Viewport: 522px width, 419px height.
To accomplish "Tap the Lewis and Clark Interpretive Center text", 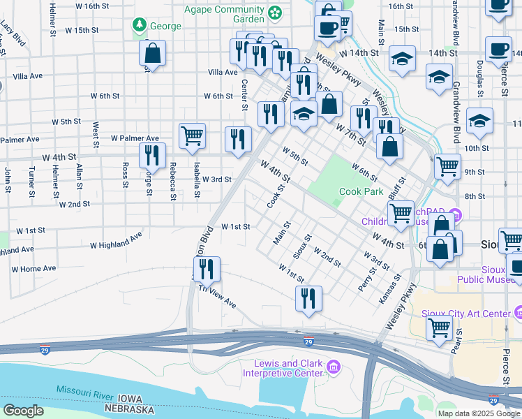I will (x=285, y=368).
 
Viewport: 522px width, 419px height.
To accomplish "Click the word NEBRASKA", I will (x=129, y=409).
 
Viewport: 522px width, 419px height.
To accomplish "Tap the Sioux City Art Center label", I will (x=470, y=314).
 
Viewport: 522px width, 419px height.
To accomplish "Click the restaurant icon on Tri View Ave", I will (x=207, y=270).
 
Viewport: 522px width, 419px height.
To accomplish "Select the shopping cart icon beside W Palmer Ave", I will (x=192, y=135).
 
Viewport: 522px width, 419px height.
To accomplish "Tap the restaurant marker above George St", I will (x=152, y=154).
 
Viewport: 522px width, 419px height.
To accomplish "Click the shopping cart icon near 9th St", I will (x=447, y=166).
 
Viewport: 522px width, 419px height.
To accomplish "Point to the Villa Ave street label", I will (x=223, y=72).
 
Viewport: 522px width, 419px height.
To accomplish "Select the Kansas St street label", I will (x=390, y=287).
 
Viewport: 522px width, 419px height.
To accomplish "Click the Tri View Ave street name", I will (x=217, y=297).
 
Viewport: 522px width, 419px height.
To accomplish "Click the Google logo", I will (x=23, y=411).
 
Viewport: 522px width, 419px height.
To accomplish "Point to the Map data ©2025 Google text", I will (x=478, y=413).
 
